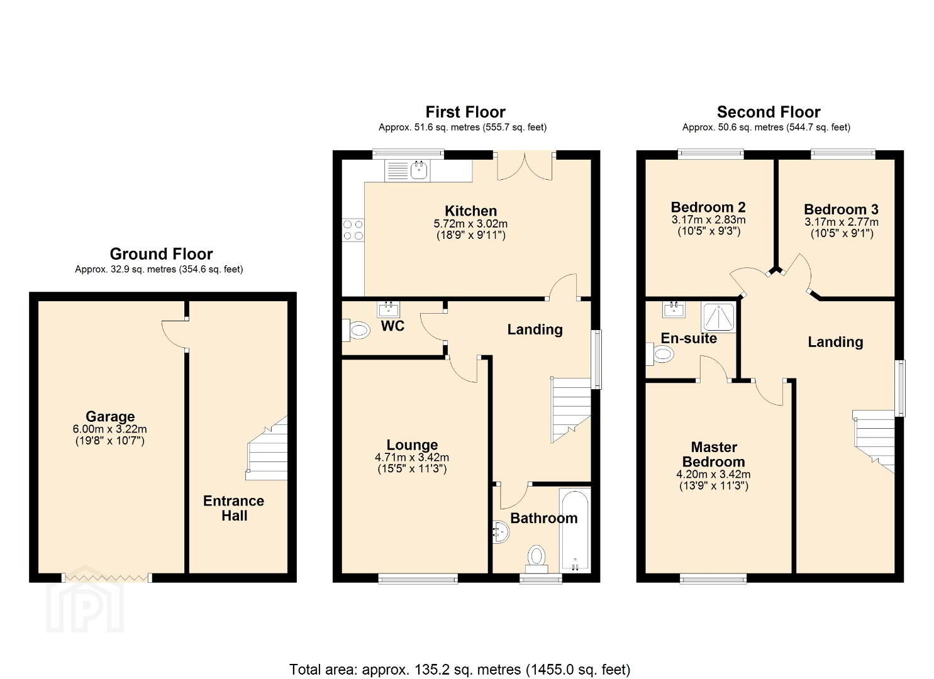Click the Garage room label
110,416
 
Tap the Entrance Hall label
233,508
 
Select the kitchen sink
418,169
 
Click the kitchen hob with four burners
353,229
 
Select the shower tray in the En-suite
718,317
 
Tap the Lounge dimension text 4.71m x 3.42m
412,458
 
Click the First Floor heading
465,112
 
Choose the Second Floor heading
768,112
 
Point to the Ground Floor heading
161,254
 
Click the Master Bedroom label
714,454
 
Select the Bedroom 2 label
708,207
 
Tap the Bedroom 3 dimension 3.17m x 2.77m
841,222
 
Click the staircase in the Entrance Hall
267,450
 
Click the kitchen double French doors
525,165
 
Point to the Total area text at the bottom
460,669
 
